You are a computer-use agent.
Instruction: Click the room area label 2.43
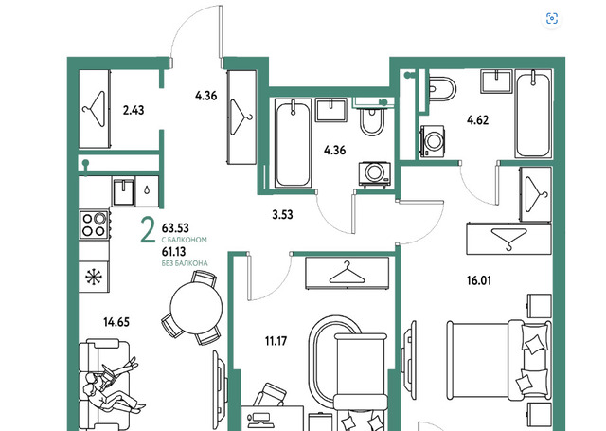134,110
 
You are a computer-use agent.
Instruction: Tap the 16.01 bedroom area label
479,280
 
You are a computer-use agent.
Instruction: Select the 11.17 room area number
276,341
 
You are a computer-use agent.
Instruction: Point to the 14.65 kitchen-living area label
116,322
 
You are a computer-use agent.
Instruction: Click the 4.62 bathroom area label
477,120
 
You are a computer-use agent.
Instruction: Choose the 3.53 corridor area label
282,214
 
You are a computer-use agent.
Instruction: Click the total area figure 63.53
175,227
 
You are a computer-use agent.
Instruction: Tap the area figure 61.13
174,252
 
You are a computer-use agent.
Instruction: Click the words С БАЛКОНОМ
185,240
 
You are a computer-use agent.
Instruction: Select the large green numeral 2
148,231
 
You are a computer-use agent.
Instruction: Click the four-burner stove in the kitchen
95,224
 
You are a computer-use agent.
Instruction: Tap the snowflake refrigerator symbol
94,277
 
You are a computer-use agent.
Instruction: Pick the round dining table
196,308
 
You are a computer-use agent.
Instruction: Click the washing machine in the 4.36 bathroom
374,174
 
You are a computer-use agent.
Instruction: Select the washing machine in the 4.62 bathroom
432,141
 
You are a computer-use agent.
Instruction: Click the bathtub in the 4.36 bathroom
293,143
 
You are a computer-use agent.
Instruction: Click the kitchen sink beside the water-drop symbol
124,191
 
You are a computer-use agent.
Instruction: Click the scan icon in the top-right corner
552,18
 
